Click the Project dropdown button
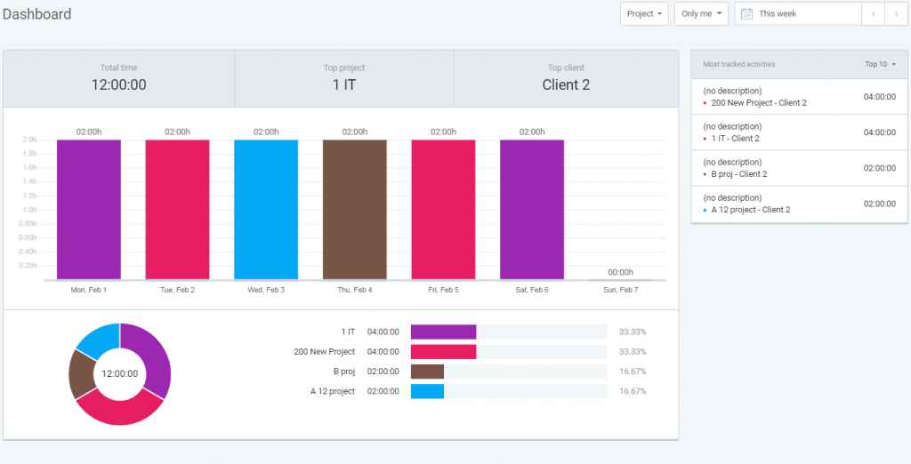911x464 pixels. [x=645, y=14]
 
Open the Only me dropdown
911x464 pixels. [x=701, y=14]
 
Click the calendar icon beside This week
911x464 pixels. [x=747, y=14]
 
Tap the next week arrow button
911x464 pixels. [x=896, y=14]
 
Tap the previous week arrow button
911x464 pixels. [x=874, y=14]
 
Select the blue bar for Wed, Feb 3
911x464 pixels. [x=266, y=210]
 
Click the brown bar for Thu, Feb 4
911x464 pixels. [x=354, y=210]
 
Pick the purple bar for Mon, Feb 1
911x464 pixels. [x=89, y=210]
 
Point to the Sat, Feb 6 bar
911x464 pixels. [x=531, y=210]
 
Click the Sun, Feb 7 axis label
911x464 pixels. [x=620, y=290]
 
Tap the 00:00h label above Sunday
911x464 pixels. [x=620, y=272]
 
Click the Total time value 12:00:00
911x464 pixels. [x=119, y=85]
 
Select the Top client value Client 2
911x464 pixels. [x=566, y=85]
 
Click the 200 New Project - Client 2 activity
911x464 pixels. [x=758, y=103]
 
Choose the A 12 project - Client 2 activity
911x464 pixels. [x=750, y=210]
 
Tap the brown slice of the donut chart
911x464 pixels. [x=81, y=373]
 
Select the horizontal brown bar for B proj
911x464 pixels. [x=427, y=372]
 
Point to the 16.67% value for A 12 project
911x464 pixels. [x=633, y=391]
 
